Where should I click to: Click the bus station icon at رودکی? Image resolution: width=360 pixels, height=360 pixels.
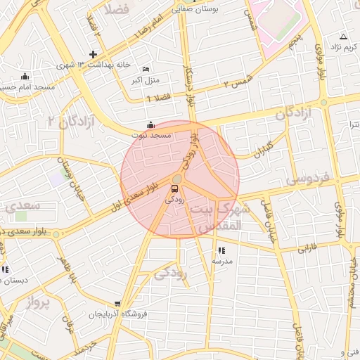[x=175, y=188]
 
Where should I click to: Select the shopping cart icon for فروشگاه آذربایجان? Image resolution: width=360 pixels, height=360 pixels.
[x=117, y=304]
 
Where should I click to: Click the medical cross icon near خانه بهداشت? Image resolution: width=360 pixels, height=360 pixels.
[x=93, y=55]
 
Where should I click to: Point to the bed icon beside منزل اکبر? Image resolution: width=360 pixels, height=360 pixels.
[x=146, y=69]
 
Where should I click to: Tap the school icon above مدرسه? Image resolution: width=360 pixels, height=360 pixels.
[x=221, y=250]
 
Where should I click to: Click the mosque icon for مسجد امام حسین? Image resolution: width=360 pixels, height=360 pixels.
[x=26, y=76]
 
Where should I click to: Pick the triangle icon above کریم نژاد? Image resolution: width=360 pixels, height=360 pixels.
[x=343, y=37]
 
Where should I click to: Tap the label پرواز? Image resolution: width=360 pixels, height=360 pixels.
[x=39, y=303]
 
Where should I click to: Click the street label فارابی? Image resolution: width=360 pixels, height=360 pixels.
[x=309, y=249]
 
